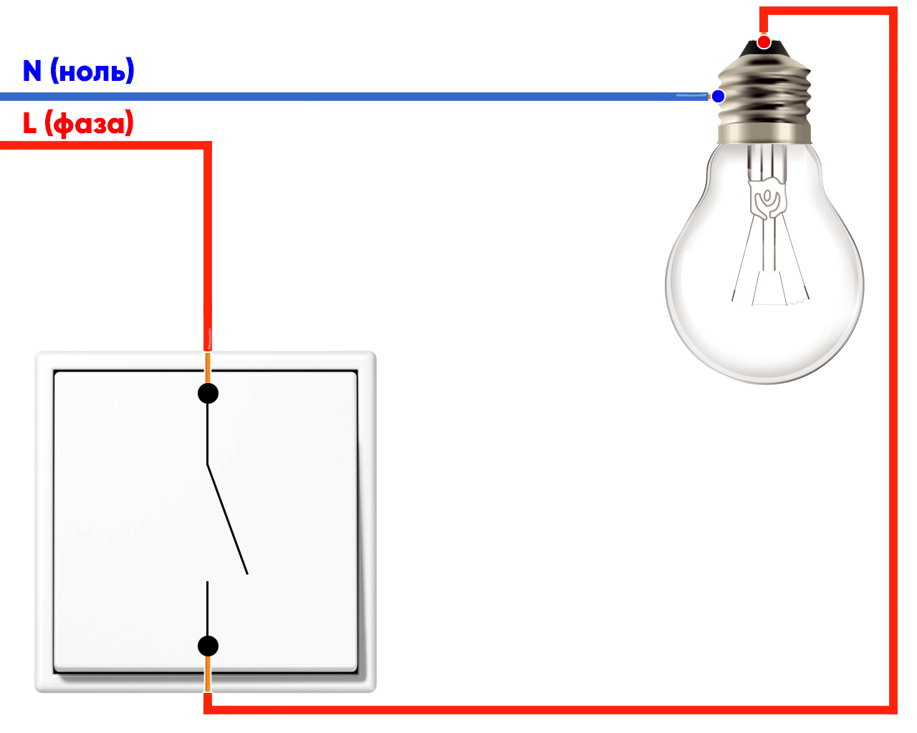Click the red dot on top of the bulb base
point(764,42)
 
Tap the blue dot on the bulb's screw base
point(718,96)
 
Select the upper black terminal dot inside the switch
point(208,393)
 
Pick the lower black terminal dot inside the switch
point(208,646)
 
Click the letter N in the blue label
point(32,71)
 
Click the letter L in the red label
point(29,123)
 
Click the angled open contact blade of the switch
point(228,520)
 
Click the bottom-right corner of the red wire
point(893,709)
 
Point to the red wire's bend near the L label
point(208,146)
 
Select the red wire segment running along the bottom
point(544,709)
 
